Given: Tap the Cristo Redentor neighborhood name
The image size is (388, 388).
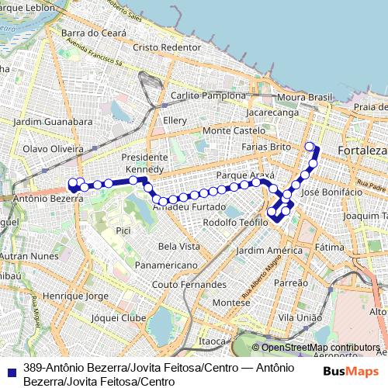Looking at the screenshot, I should tap(167, 47).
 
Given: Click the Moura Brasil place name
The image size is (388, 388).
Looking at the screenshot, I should tap(304, 98).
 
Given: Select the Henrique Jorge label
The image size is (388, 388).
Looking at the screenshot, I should tap(76, 296).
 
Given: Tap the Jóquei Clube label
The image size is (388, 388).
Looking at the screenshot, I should tap(118, 318).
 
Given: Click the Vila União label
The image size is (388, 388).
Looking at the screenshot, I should tap(300, 318).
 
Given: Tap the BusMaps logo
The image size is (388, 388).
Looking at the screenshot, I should tap(352, 371).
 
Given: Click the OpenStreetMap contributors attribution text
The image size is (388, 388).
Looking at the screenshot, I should tap(320, 348).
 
